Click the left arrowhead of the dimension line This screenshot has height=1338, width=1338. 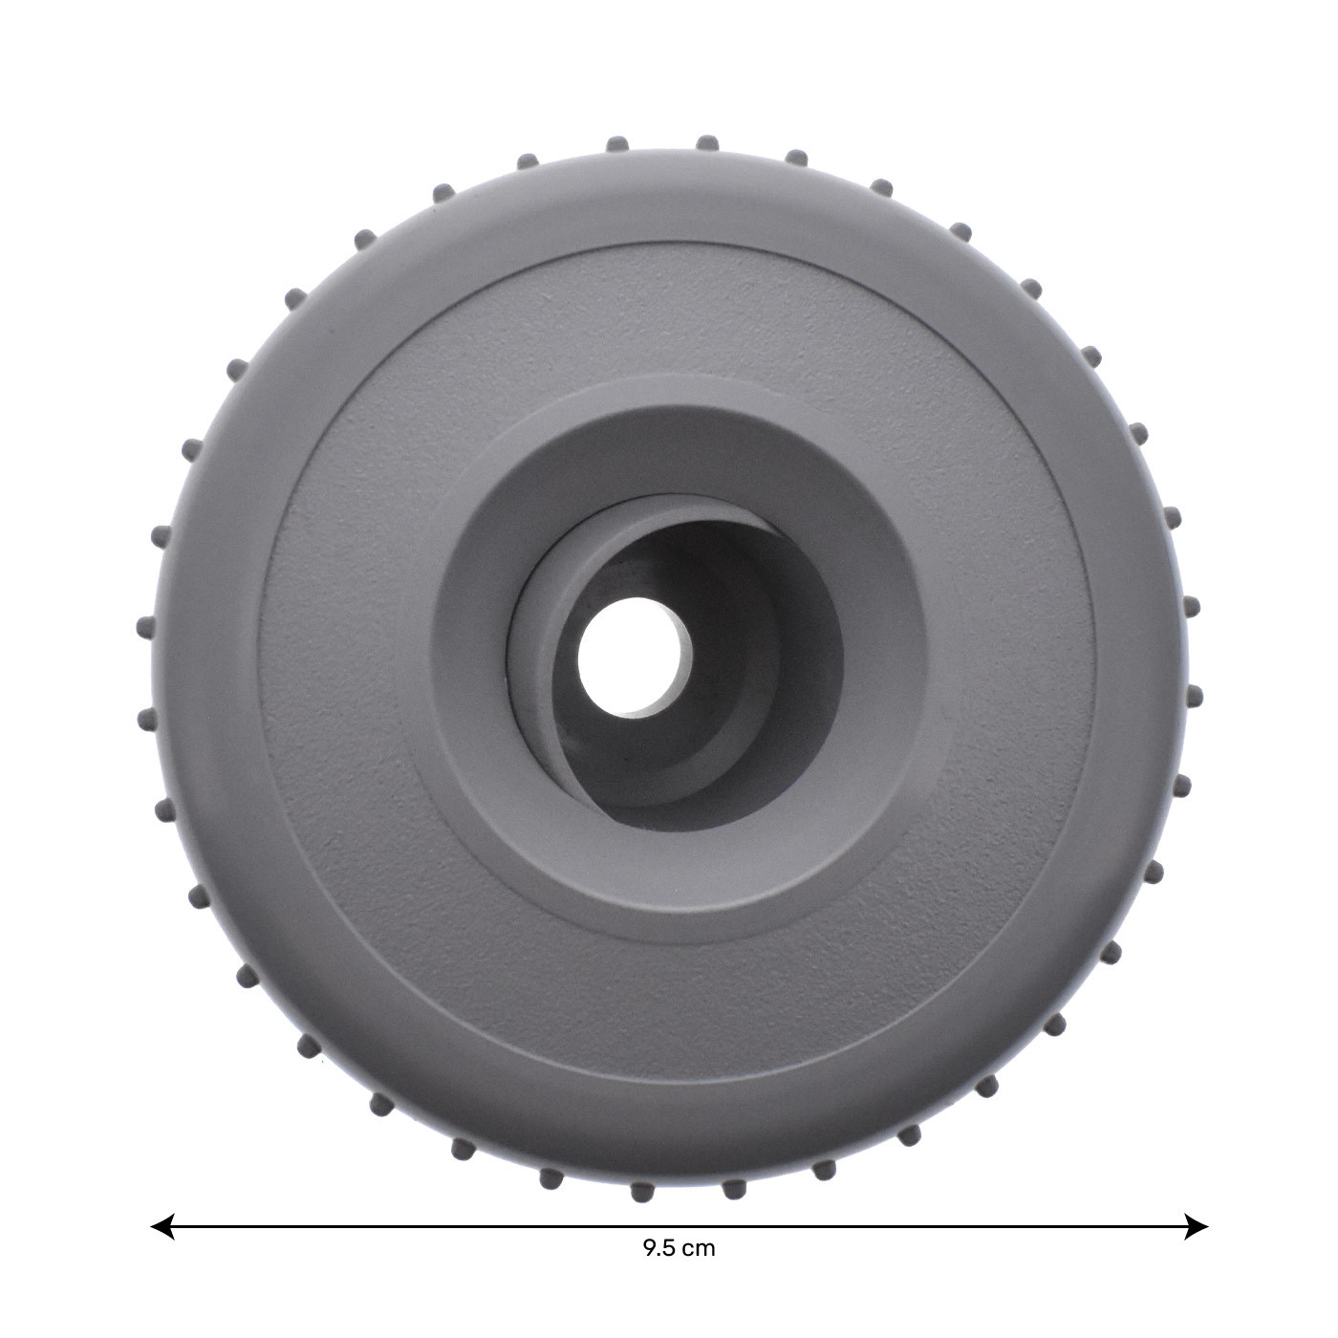(162, 1227)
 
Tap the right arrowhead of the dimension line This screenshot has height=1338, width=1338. (1196, 1227)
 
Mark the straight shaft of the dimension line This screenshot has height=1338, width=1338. (680, 1227)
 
